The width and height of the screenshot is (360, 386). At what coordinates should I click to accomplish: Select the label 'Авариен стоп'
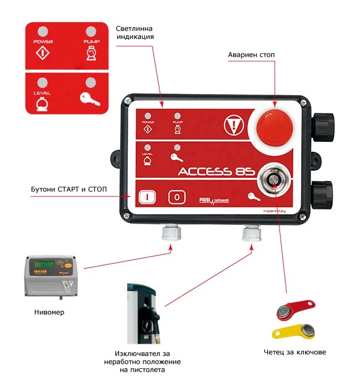251,55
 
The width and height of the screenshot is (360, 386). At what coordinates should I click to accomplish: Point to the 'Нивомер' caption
51,312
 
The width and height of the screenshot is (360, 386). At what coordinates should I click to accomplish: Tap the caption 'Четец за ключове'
295,352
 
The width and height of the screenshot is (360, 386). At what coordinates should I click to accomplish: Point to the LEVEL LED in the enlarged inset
42,81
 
